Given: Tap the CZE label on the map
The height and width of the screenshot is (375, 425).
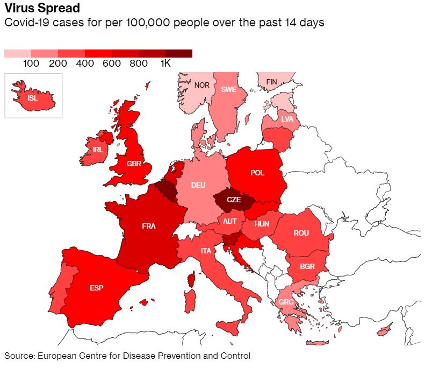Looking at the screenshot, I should coord(234,200).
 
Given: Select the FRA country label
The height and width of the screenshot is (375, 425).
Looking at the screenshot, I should coord(149,227).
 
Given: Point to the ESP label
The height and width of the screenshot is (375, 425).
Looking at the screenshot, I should coord(96,288).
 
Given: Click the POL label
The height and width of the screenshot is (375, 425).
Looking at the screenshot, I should coord(257,173).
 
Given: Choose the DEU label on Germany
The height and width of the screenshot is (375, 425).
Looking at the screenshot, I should coord(198,186).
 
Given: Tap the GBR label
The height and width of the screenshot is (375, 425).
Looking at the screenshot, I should coord(134,164).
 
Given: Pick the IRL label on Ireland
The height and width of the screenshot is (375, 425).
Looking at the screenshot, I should coord(97,150).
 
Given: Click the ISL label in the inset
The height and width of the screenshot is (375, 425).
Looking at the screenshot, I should coord(33,98).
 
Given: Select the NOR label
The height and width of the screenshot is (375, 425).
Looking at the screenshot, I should coord(202,85).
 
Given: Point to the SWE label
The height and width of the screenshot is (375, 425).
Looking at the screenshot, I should coord(229,89).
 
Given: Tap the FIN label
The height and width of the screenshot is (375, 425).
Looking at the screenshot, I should coord(272,82).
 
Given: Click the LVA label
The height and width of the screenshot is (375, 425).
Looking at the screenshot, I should coord(287,119).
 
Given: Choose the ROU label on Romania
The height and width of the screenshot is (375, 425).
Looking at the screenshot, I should coord(301,233).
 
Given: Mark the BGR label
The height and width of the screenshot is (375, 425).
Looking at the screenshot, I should coord(307,266).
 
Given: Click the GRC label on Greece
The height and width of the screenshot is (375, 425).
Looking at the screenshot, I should coord(286,302).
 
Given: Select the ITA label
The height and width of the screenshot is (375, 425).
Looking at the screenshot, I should coord(206,251).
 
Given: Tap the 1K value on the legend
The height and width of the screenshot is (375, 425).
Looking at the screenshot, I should coord(165,63).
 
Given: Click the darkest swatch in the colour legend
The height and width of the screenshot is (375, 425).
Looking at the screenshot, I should coord(179,53).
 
